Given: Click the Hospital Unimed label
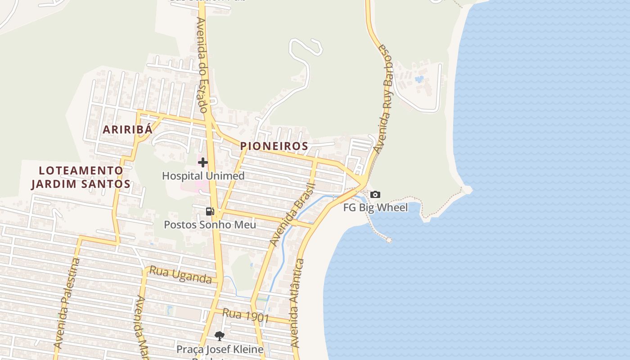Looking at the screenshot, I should (203, 176).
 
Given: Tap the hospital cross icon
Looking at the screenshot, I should (203, 162).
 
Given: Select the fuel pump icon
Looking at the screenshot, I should (210, 211).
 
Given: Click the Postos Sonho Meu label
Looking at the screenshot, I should (210, 225).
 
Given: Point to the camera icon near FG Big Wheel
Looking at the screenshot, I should (375, 195).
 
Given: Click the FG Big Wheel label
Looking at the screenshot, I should (375, 207).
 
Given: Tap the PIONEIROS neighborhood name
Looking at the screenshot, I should (274, 146).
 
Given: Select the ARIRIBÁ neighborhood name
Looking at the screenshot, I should (128, 130).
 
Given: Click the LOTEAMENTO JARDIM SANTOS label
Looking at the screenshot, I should (81, 177).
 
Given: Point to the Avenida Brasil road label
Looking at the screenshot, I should (292, 215).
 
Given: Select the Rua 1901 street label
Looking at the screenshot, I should (246, 316).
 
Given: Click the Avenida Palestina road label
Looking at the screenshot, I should (67, 304).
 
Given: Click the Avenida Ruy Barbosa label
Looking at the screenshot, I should (387, 99).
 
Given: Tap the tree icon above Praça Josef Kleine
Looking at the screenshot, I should (219, 336).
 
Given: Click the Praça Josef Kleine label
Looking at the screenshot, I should (220, 349).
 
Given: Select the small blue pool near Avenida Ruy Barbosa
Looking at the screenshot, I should (419, 80).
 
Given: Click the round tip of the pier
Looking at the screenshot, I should (389, 240).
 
